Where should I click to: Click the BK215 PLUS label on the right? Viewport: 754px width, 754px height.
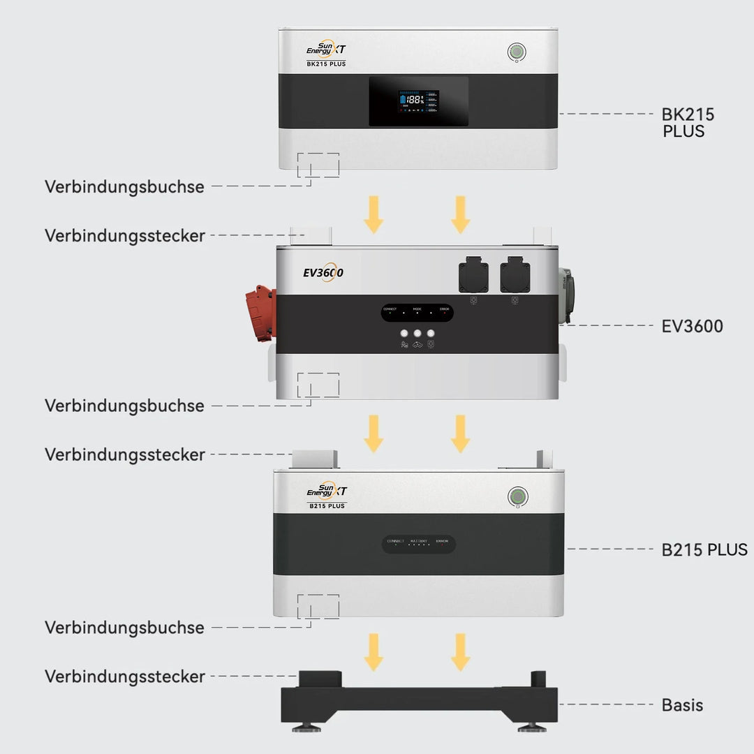coord(688,123)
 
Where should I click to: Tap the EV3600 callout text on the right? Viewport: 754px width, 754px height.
coord(692,326)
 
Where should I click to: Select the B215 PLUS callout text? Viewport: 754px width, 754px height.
coord(704,549)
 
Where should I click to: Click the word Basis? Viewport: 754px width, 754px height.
coord(682,705)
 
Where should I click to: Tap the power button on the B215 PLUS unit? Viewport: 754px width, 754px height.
coord(517,497)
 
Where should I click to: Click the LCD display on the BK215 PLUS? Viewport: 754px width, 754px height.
coord(418,101)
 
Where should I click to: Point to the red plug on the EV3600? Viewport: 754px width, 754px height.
coord(260,313)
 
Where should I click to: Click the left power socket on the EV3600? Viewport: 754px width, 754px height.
coord(473,274)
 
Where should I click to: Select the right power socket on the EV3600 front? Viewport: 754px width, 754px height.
coord(515,274)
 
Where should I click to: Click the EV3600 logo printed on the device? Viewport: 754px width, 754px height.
coord(323,273)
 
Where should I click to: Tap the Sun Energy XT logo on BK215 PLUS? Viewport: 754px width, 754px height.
coord(326,49)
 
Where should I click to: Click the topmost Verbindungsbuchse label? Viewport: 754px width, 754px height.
coord(124,187)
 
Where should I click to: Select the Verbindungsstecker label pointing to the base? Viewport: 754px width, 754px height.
coord(124,677)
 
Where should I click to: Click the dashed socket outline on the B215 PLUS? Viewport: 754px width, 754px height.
coord(318,606)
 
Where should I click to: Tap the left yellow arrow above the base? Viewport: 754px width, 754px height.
coord(374,651)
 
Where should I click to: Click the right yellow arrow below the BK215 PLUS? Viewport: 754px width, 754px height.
coord(460,214)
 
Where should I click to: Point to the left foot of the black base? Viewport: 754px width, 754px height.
coord(306,727)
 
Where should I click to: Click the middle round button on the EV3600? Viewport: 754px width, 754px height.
coord(417,334)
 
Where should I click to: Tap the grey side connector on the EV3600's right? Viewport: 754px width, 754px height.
coord(565,296)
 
